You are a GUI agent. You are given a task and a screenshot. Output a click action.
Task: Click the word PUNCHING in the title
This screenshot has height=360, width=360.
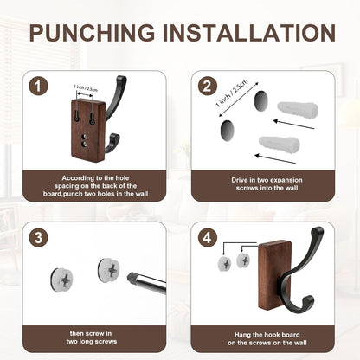[x=92, y=32]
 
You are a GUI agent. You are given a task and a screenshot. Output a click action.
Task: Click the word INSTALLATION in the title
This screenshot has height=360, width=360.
[x=249, y=32]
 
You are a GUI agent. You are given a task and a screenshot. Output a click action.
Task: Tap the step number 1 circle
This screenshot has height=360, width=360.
[x=39, y=87]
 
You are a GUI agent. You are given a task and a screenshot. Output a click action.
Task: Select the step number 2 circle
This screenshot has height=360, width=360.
[x=208, y=87]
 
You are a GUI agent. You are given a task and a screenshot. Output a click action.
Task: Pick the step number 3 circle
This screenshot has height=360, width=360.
[x=39, y=238]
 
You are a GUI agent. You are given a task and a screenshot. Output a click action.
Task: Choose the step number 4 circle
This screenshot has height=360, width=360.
[x=208, y=238]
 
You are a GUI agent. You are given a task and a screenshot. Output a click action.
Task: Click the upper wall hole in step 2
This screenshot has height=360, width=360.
[x=261, y=100]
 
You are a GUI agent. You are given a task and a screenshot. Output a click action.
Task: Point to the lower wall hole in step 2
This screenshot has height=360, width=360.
[x=228, y=130]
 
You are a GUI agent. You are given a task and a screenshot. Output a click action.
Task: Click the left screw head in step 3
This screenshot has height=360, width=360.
[x=61, y=280]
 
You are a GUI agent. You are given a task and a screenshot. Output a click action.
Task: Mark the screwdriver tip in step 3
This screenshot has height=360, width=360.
[x=129, y=277]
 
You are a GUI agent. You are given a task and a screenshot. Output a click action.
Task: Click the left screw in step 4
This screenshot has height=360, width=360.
[x=225, y=264]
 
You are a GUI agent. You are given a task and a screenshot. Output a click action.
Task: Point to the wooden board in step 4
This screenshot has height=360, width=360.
[x=275, y=275]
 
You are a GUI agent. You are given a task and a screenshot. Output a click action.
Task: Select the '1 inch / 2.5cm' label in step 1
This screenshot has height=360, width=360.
[x=86, y=88]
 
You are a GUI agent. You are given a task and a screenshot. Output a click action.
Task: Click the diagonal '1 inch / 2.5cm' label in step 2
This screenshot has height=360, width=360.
[x=232, y=93]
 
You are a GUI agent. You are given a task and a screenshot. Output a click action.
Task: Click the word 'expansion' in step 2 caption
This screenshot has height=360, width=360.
[x=285, y=180]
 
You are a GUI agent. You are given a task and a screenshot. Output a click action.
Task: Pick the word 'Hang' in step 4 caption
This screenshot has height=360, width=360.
[x=242, y=335]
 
